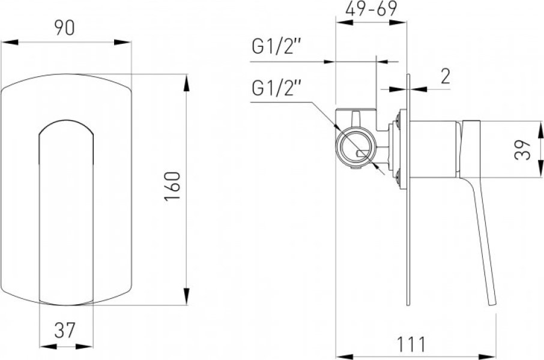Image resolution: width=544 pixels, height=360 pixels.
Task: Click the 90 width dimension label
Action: (64, 28)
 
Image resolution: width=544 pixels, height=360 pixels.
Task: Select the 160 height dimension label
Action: (173, 186)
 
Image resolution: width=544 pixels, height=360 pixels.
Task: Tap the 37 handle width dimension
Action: (65, 330)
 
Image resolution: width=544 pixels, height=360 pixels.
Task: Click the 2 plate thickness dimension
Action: (446, 76)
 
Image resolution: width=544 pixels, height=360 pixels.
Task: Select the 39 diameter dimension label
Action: (522, 149)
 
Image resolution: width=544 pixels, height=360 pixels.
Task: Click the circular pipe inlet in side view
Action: (355, 146)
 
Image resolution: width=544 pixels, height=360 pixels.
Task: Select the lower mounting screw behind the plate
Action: (397, 175)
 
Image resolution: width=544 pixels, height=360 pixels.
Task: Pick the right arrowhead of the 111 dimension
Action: (488, 356)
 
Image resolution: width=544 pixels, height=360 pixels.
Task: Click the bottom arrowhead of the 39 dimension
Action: (540, 169)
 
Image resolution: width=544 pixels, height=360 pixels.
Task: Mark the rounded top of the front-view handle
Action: (66, 121)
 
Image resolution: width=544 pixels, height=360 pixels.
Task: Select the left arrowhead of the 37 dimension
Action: (48, 346)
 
